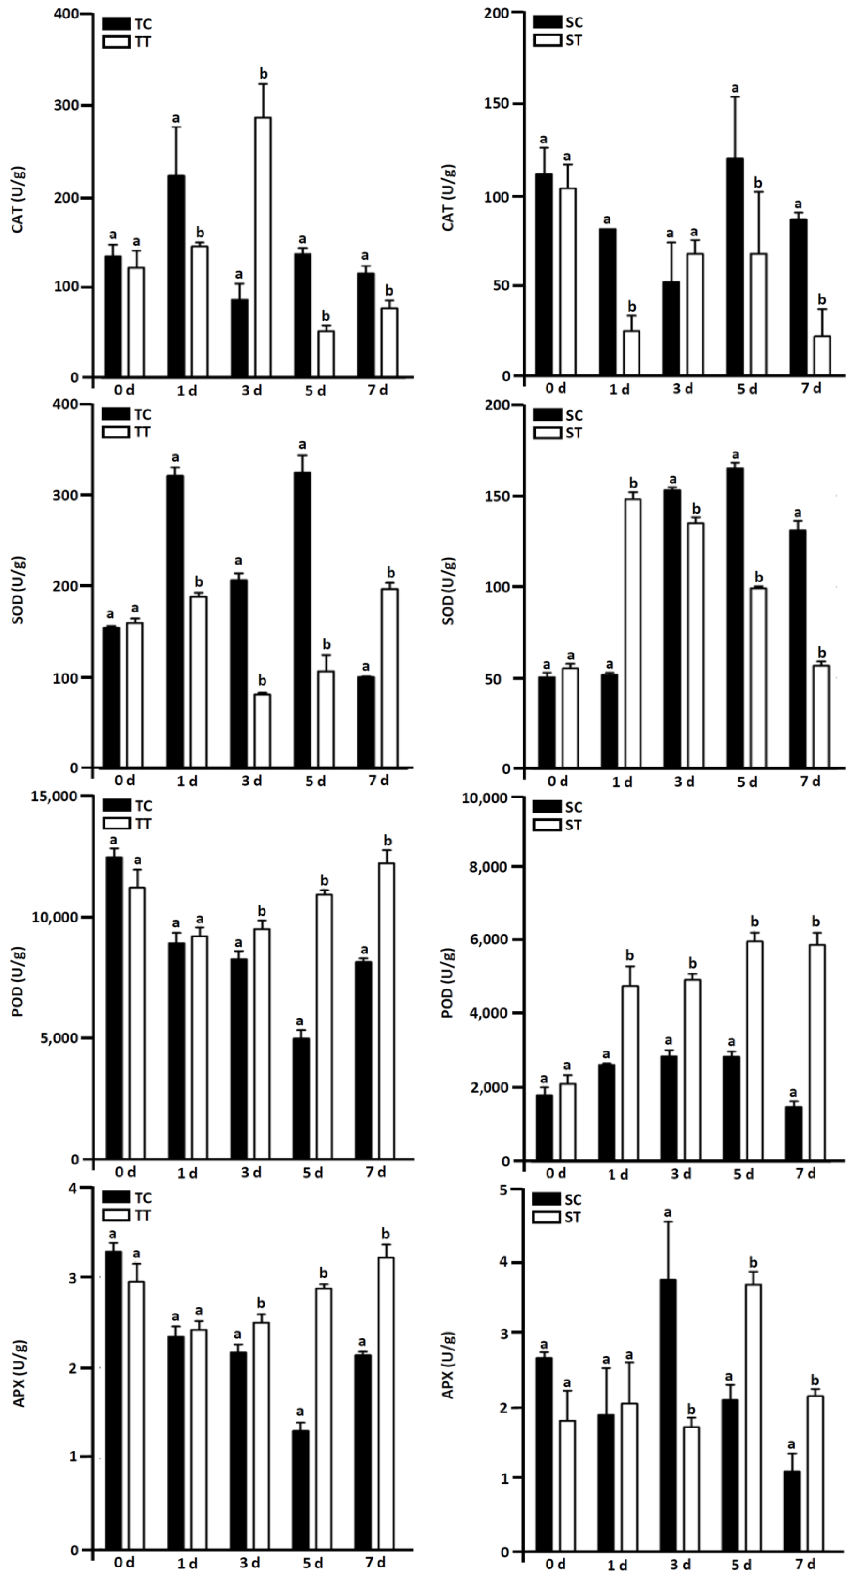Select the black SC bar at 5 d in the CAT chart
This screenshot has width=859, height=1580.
click(734, 267)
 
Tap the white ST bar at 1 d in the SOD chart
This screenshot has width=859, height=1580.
click(633, 633)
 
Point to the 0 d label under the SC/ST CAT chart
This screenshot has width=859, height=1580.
click(555, 389)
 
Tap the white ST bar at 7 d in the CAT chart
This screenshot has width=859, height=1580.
click(822, 356)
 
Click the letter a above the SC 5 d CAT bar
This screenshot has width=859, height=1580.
click(734, 88)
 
